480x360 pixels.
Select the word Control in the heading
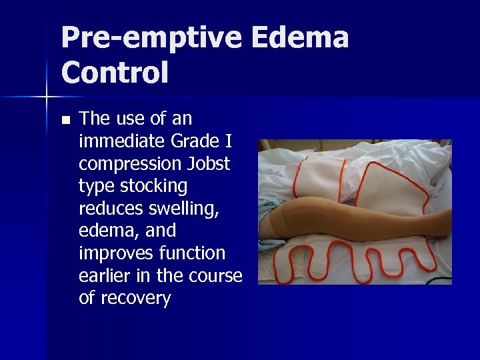(115, 72)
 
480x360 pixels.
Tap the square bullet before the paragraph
(65, 121)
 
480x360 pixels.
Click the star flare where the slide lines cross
(47, 97)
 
